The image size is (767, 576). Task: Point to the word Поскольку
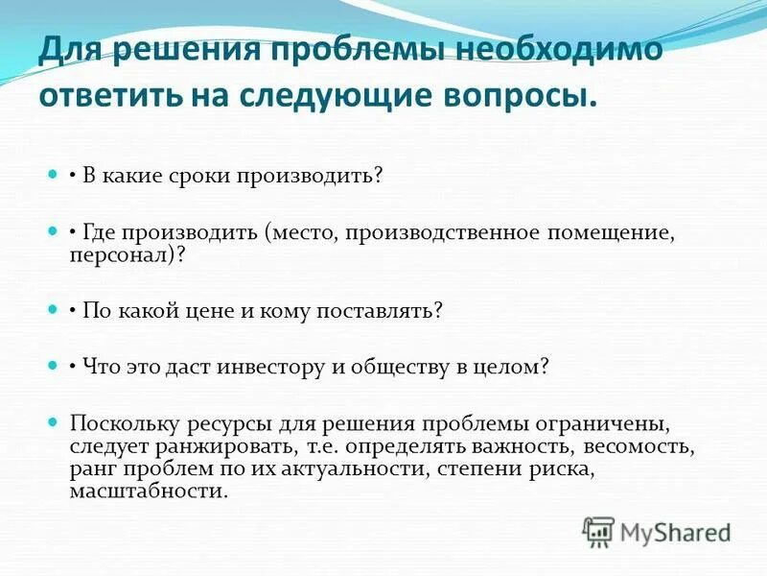pyautogui.click(x=115, y=422)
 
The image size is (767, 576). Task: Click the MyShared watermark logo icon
pyautogui.click(x=599, y=530)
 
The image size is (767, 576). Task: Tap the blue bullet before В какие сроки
pyautogui.click(x=54, y=177)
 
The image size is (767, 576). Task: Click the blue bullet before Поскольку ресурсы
pyautogui.click(x=54, y=422)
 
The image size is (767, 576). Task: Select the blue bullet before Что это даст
pyautogui.click(x=54, y=367)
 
